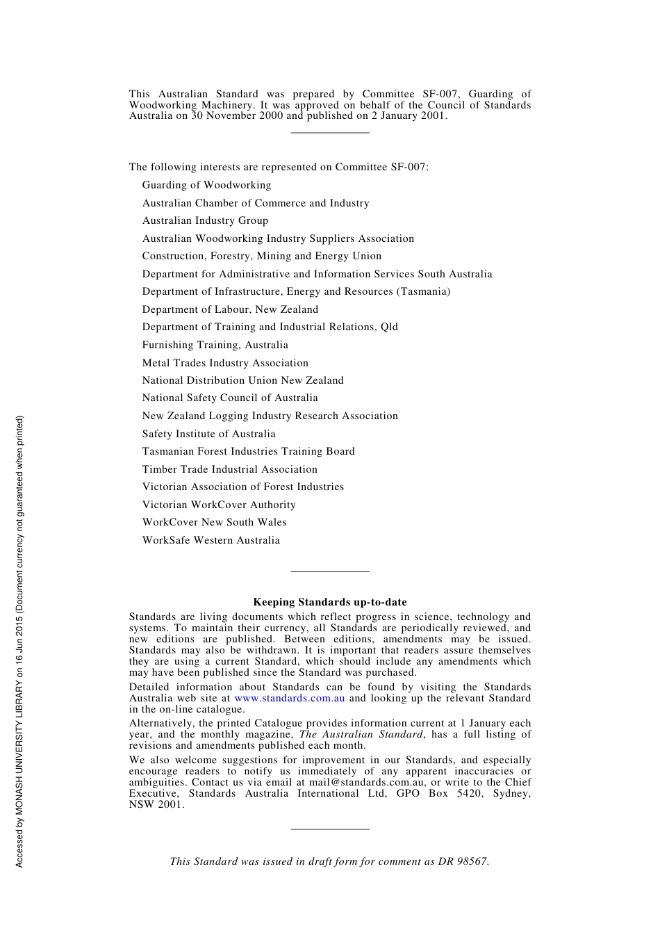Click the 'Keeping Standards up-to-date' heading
[x=330, y=602]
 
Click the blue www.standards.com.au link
[x=290, y=698]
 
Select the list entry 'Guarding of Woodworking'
[x=206, y=185]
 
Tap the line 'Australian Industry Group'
[x=205, y=220]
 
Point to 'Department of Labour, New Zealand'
[x=230, y=309]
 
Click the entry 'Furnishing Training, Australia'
[x=215, y=345]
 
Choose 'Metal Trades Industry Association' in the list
[x=225, y=363]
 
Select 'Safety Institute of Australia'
[x=208, y=434]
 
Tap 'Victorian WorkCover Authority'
[x=219, y=505]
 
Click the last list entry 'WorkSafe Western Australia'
[x=211, y=540]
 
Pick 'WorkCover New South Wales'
[x=214, y=522]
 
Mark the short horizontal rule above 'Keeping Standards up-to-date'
[x=330, y=571]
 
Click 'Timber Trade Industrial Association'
[x=229, y=469]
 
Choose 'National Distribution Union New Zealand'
[x=242, y=380]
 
